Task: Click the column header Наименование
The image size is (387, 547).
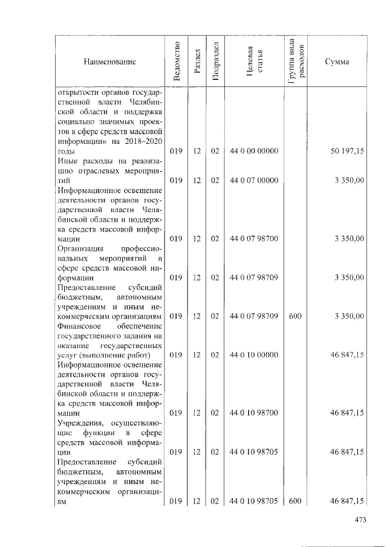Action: (x=110, y=62)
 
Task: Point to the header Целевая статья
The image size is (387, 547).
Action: (x=254, y=62)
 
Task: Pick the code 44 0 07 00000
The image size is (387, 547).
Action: (x=254, y=180)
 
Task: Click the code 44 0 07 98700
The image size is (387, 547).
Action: (x=254, y=239)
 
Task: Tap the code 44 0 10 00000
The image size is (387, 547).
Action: (x=254, y=355)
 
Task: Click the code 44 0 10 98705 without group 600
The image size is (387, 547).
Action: (x=254, y=452)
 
